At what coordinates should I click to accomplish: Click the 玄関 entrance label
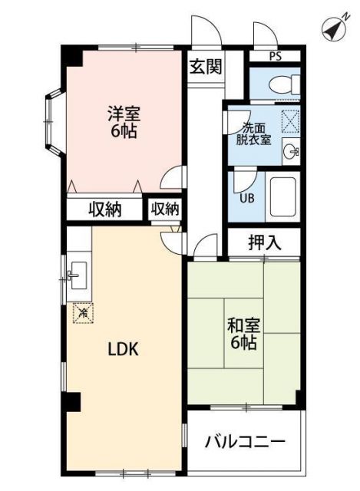(x=206, y=66)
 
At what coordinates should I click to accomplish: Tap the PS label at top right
(x=276, y=57)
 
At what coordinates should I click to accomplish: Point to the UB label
(x=247, y=198)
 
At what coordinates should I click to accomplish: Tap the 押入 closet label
(x=264, y=243)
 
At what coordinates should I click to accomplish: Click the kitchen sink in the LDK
(x=77, y=275)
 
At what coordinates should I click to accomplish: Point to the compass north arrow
(x=332, y=28)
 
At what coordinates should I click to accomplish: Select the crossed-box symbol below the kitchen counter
(x=82, y=312)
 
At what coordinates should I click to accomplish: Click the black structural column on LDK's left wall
(x=71, y=400)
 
